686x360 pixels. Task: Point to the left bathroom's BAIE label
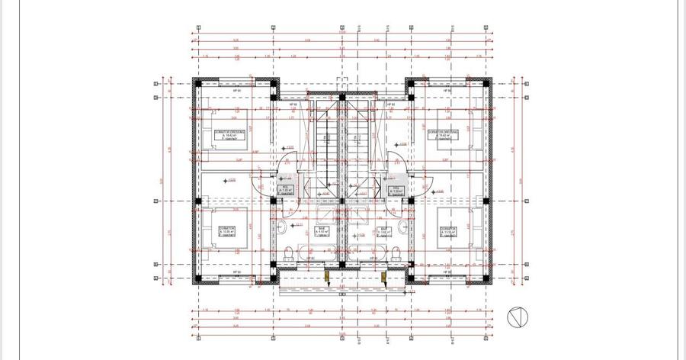click(322, 230)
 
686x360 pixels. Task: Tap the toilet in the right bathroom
click(396, 252)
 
